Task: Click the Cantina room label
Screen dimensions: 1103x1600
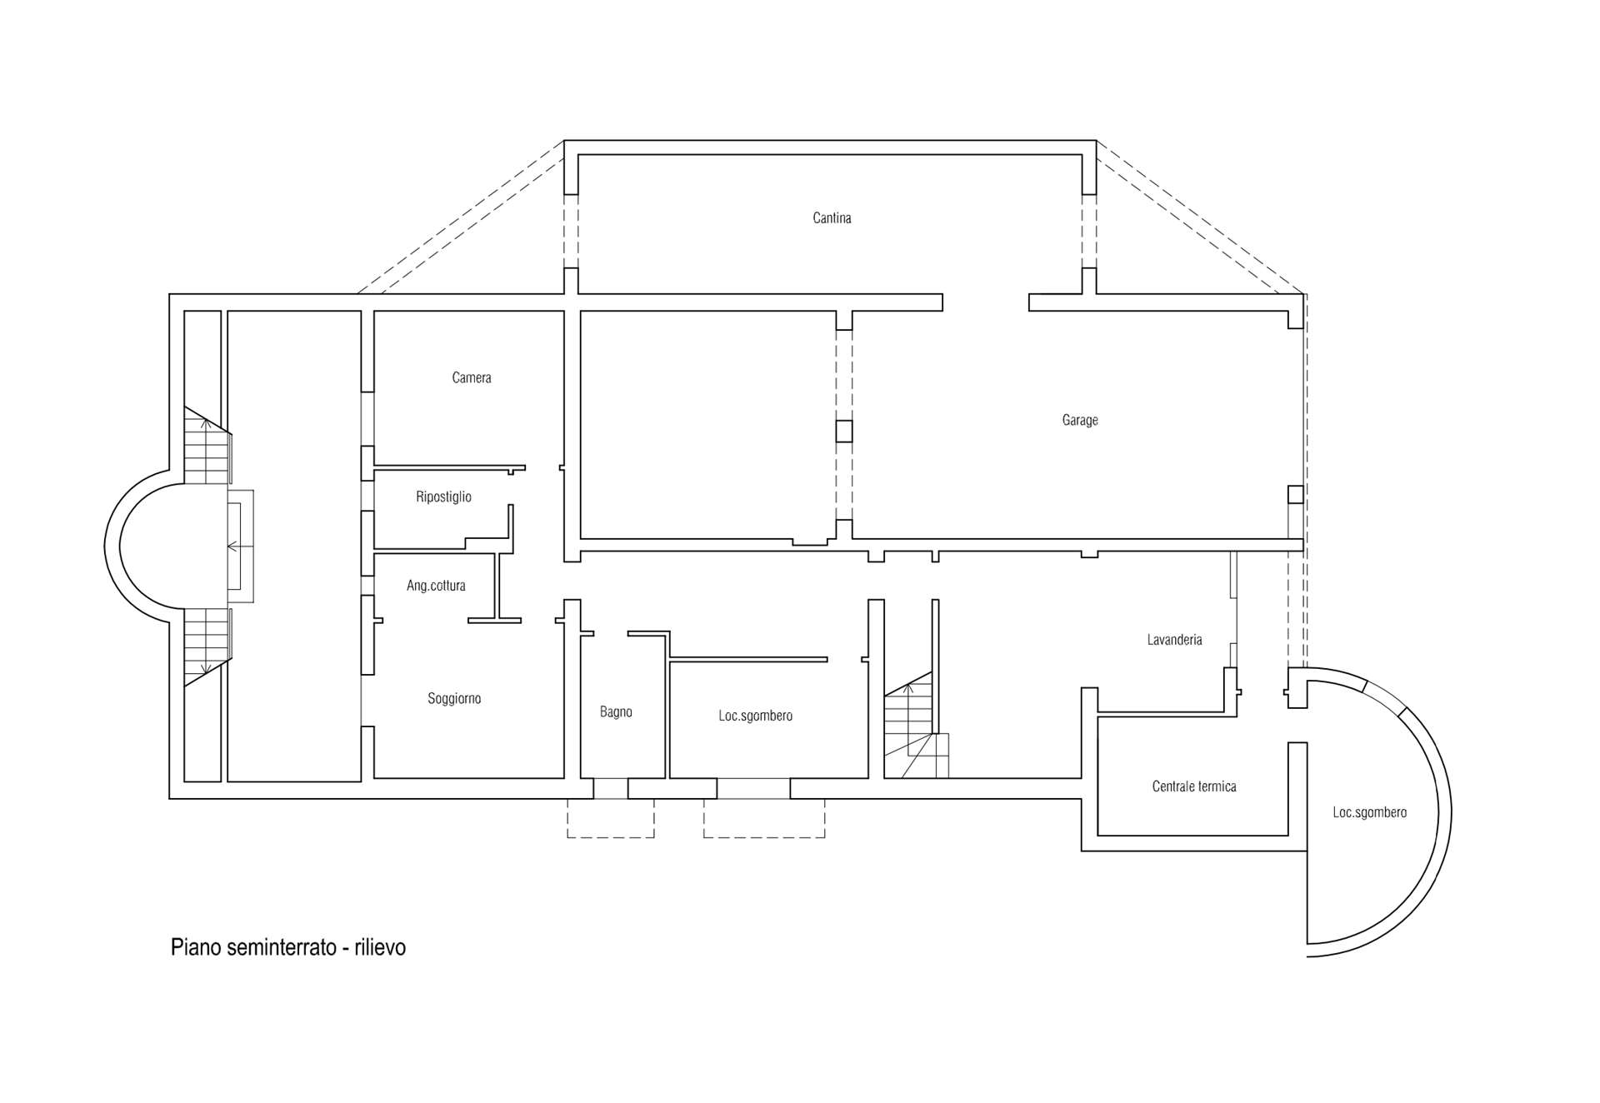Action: [832, 218]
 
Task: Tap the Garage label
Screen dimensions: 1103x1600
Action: [1079, 421]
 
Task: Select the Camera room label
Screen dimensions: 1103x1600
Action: [471, 378]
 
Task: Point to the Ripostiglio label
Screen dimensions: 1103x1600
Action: [443, 497]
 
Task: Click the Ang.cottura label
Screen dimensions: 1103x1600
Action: [436, 586]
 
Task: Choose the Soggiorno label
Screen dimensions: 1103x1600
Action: [454, 699]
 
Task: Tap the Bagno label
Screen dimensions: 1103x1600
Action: [616, 712]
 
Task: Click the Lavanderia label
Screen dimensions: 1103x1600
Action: [1174, 640]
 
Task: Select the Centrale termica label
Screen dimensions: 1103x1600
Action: [1193, 786]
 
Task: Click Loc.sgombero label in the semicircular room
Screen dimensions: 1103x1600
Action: [1369, 812]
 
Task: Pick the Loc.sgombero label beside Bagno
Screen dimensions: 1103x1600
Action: [755, 716]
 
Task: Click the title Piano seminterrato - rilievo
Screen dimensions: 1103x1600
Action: [288, 947]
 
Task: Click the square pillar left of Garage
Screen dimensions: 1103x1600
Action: [844, 431]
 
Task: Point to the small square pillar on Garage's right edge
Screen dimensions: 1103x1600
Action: [1295, 495]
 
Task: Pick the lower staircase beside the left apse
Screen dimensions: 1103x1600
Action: [206, 643]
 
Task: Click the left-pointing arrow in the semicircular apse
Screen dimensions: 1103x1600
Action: [233, 547]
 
